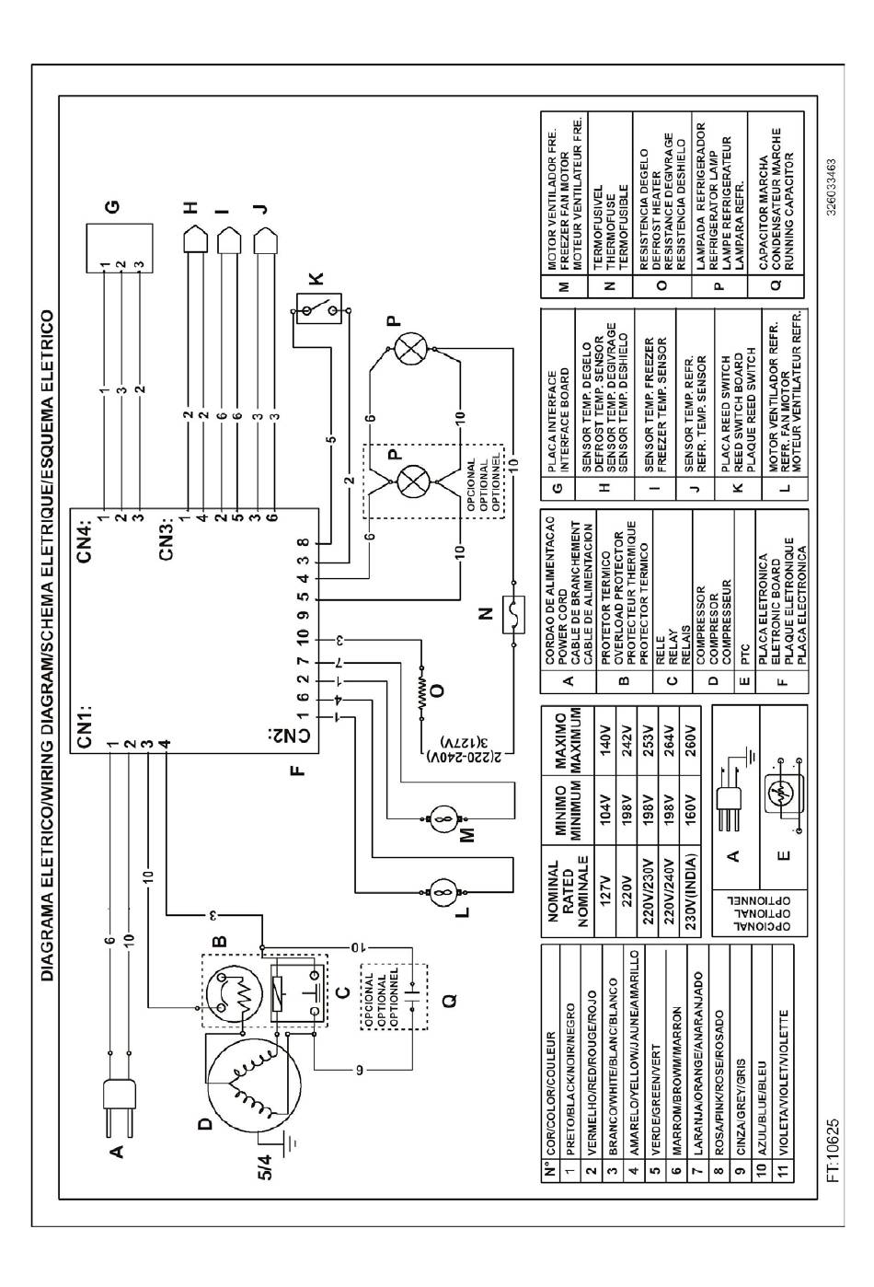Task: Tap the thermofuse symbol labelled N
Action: (x=513, y=615)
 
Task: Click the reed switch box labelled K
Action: (x=318, y=309)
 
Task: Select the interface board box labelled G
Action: (x=120, y=248)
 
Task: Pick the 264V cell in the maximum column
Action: (x=669, y=738)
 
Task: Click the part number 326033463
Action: (x=832, y=188)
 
